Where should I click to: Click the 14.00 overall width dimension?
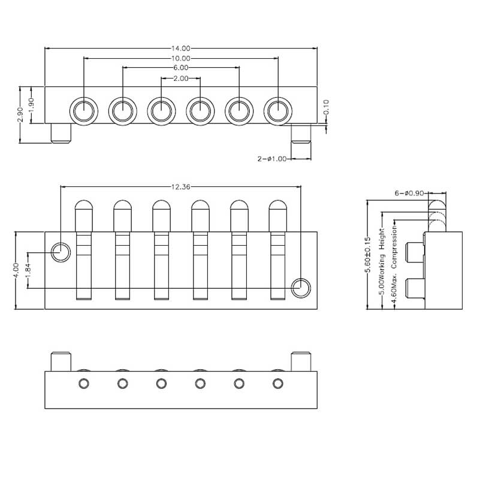click(180, 49)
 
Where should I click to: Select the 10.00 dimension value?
click(180, 59)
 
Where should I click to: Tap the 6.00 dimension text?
click(180, 68)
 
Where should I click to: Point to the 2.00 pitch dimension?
click(180, 79)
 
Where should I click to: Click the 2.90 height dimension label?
click(20, 114)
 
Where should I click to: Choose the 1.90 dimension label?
click(31, 105)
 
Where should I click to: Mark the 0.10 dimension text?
click(326, 107)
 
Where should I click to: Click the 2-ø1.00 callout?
click(272, 159)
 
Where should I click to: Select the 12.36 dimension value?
click(180, 187)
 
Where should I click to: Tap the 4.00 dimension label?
click(16, 270)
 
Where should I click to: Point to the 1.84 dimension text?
click(28, 270)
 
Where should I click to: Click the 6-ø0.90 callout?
click(410, 193)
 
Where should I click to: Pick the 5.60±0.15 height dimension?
click(368, 255)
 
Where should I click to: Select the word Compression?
click(394, 247)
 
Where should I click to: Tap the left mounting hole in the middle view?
click(61, 252)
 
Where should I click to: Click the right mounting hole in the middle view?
click(301, 288)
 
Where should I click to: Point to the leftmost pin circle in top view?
click(83, 111)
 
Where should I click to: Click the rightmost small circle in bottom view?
click(277, 384)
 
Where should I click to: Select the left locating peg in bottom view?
click(61, 361)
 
